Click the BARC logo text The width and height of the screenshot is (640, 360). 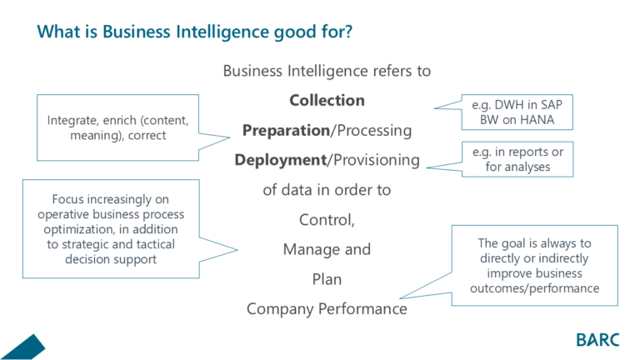coord(598,339)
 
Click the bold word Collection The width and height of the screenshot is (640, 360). coord(327,101)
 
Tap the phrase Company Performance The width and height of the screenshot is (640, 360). coord(327,309)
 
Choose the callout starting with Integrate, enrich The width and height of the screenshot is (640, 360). coord(117,127)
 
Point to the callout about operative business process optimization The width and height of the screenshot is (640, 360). coord(110,228)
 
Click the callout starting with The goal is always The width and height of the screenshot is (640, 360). coord(534,266)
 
